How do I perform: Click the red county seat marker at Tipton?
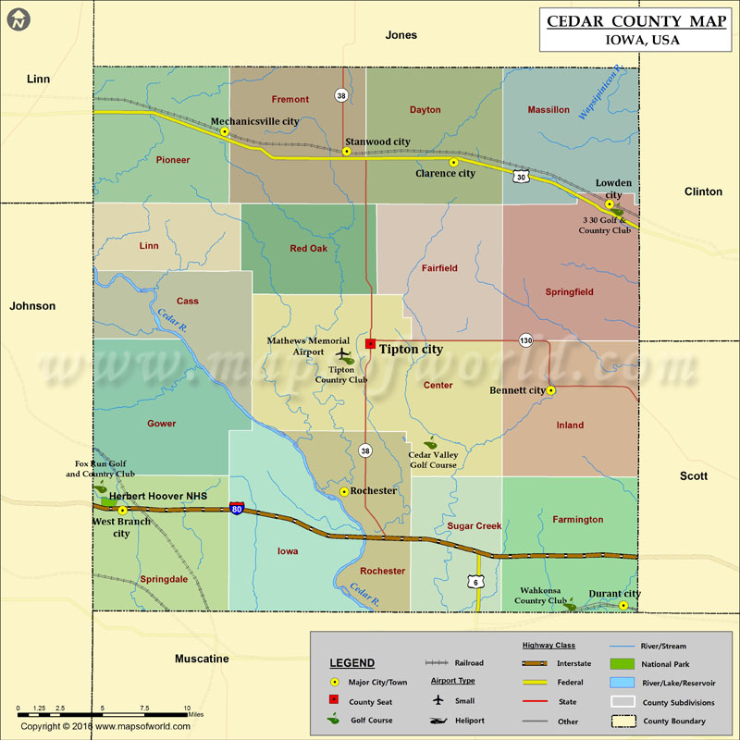tap(370, 343)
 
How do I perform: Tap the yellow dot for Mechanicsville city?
tap(224, 131)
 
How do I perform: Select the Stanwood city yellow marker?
tap(347, 152)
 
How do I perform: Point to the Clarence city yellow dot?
tap(453, 163)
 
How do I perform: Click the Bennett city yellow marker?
tap(550, 390)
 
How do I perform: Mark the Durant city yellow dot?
tap(623, 606)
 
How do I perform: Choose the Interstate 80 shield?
tap(238, 509)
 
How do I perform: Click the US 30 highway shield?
tap(523, 177)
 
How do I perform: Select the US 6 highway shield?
tap(476, 581)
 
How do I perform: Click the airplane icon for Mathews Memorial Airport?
tap(344, 353)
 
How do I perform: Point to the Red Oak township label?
tap(309, 249)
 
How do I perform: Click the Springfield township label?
tap(570, 291)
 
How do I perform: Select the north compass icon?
tap(18, 18)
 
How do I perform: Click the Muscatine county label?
tap(202, 659)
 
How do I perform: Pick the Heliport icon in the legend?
tap(440, 721)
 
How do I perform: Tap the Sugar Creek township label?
tap(474, 525)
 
